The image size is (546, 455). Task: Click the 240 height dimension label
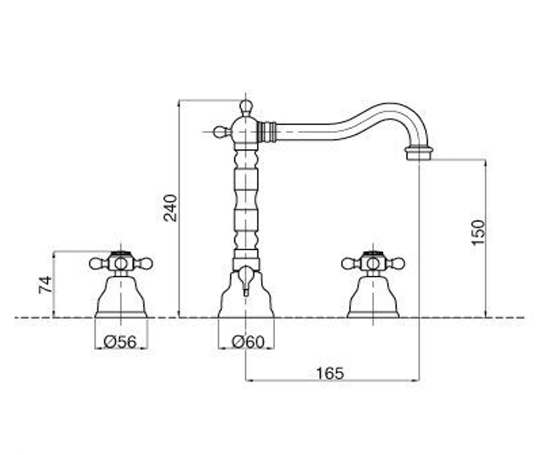coord(171,208)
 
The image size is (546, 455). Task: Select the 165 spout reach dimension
coord(330,373)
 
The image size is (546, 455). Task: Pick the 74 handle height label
coord(45,284)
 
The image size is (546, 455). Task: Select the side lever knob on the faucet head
coord(221,132)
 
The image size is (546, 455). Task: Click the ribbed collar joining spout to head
coord(267,132)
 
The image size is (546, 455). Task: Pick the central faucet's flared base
coord(246,295)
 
